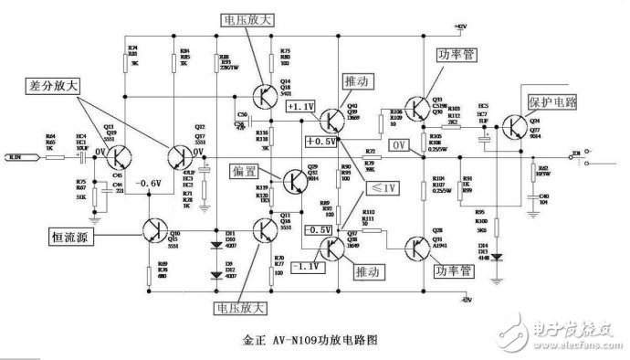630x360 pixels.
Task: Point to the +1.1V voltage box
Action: coord(302,106)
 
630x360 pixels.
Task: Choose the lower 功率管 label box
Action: coord(454,271)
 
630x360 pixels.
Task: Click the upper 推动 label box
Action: coord(359,80)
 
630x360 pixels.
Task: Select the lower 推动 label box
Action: coord(366,270)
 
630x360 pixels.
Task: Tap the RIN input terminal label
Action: coord(19,158)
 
